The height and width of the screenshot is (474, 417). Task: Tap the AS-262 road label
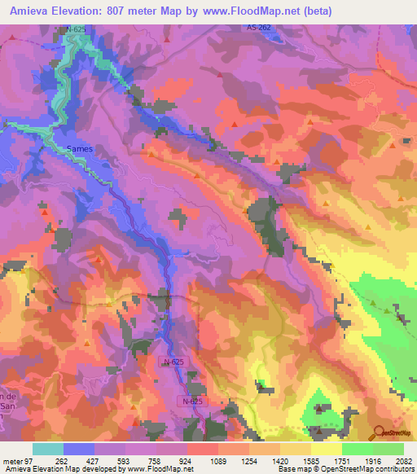coord(258,28)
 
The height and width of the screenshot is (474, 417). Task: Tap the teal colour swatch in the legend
coord(48,449)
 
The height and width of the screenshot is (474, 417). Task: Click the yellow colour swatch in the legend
coord(327,449)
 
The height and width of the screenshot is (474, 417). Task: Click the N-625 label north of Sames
coord(75,29)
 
